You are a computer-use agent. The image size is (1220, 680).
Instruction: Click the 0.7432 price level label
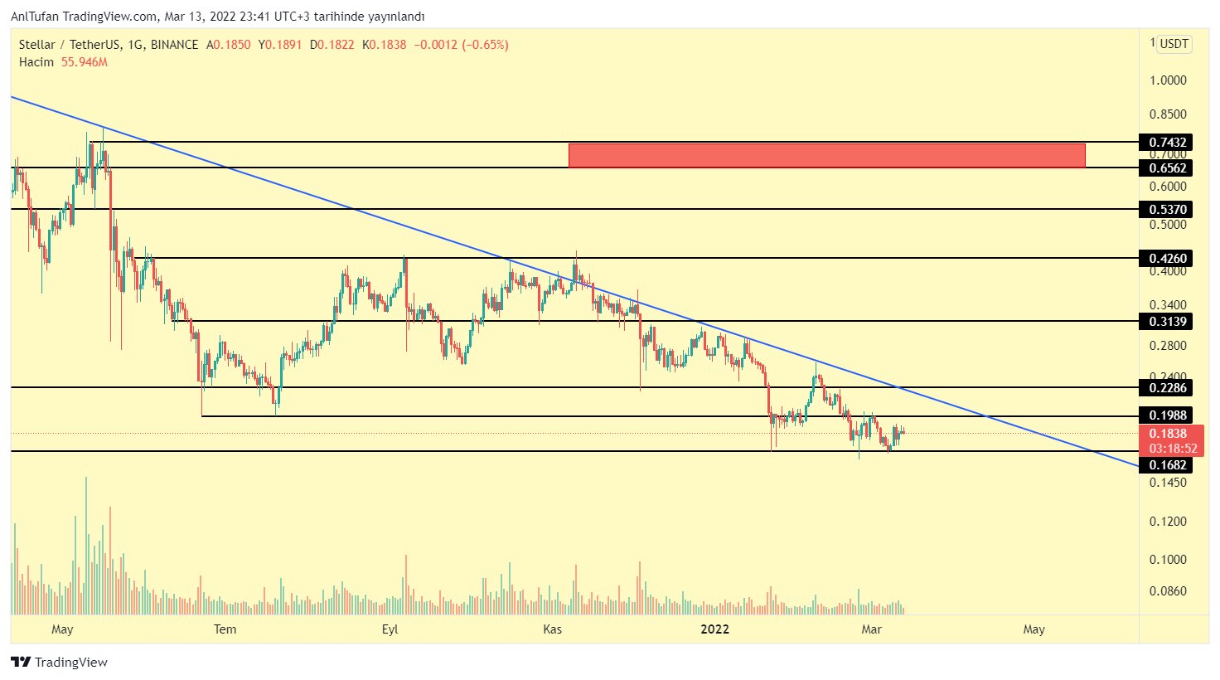[x=1168, y=143]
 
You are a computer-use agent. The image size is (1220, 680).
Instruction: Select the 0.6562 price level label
[x=1168, y=168]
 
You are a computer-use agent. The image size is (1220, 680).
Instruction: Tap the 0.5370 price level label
[x=1168, y=210]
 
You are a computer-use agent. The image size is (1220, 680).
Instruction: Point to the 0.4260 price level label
[x=1168, y=259]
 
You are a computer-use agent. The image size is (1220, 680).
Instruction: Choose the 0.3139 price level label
[x=1168, y=322]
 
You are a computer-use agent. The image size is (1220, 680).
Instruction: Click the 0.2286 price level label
[x=1168, y=388]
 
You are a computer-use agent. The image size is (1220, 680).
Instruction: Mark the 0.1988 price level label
[x=1168, y=415]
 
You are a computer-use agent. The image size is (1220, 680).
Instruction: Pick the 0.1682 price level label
[x=1168, y=465]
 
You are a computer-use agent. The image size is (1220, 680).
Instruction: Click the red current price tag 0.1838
[x=1168, y=434]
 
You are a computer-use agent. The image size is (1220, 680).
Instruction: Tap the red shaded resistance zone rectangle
[x=826, y=155]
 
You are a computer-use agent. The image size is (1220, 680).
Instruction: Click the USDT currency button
[x=1174, y=44]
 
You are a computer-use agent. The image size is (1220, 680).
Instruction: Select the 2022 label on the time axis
[x=714, y=629]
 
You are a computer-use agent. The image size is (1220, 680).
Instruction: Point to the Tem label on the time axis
[x=225, y=629]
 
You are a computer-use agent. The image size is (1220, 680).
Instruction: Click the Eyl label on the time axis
[x=390, y=629]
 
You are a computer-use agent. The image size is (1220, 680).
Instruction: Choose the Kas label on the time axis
[x=552, y=629]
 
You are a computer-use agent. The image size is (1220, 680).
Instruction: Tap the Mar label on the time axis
[x=871, y=629]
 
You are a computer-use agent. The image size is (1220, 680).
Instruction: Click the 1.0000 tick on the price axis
[x=1168, y=80]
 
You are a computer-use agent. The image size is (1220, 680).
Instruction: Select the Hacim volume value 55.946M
[x=85, y=62]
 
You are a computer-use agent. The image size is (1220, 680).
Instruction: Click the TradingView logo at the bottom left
[x=60, y=662]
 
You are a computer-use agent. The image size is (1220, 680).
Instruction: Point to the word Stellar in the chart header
[x=37, y=45]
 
